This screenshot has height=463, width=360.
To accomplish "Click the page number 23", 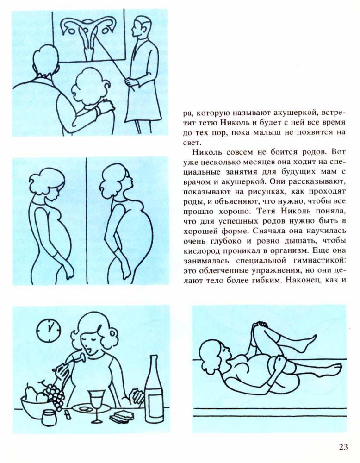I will coord(342,447).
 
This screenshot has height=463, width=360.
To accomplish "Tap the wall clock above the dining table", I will coord(49,330).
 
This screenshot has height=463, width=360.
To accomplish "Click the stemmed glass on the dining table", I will coord(97,405).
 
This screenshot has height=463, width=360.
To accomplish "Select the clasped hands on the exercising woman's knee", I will coord(261,325).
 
